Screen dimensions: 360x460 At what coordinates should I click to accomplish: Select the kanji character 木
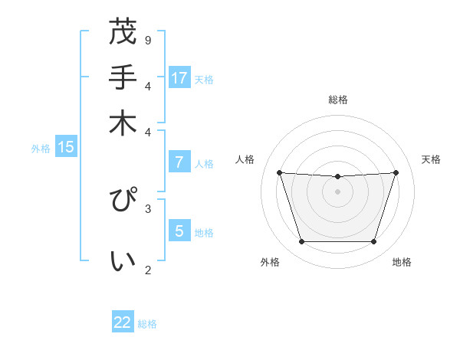[123, 123]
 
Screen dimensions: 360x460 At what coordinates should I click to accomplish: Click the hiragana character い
[123, 261]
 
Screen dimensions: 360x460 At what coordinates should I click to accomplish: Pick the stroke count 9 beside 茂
[147, 40]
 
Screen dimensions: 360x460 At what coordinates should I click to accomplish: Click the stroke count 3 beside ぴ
[147, 208]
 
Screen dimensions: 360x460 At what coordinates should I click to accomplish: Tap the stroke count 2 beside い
[147, 269]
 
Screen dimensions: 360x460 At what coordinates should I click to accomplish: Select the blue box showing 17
[179, 77]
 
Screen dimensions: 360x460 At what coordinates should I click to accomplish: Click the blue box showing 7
[179, 162]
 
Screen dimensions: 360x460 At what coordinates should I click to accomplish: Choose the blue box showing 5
[179, 231]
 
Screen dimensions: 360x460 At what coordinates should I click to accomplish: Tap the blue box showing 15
[66, 147]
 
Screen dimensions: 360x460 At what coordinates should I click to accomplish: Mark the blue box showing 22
[123, 322]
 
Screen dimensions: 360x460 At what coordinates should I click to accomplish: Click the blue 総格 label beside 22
[147, 324]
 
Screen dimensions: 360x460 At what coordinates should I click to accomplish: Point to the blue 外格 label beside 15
[41, 149]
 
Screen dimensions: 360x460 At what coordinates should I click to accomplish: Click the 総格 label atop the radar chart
[337, 100]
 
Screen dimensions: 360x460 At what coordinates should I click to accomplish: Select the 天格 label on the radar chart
[431, 159]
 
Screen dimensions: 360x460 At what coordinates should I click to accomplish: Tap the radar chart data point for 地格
[373, 242]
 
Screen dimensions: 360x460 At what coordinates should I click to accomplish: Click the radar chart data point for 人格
[279, 172]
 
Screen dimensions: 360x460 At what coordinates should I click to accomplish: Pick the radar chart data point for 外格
[301, 242]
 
